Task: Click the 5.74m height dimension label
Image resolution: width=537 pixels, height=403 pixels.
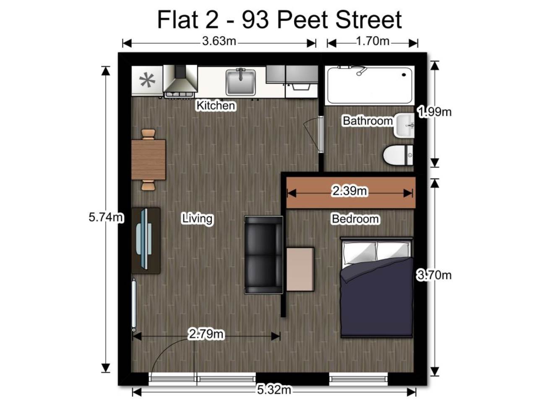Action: pos(106,217)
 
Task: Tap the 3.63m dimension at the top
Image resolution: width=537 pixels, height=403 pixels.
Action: pos(219,41)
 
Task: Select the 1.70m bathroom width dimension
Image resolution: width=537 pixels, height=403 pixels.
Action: pos(373,41)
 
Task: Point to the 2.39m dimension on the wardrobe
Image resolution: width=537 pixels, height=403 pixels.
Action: pos(349,191)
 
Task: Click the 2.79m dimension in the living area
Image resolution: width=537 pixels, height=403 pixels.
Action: pos(206,334)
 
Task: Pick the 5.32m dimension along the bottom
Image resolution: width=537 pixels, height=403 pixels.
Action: pos(274,390)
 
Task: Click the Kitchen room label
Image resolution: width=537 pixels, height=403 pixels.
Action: pos(216,105)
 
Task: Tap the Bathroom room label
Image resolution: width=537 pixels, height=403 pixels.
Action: pos(368,121)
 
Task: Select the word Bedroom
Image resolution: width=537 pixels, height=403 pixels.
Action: pos(355,219)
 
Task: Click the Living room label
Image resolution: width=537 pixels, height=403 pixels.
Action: pos(198,219)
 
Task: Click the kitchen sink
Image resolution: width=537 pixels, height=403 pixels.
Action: pos(240,82)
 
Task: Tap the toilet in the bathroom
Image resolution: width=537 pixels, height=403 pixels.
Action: pos(398,155)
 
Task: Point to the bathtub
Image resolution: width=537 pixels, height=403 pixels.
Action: pos(370,85)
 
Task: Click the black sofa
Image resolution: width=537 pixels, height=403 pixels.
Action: pos(264,255)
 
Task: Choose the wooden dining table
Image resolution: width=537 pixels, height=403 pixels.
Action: pos(149,160)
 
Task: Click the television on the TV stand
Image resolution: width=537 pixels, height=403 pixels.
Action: pos(145,239)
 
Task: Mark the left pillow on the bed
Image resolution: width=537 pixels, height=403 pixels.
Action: pos(359,253)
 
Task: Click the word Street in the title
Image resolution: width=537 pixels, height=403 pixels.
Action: pos(368,20)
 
